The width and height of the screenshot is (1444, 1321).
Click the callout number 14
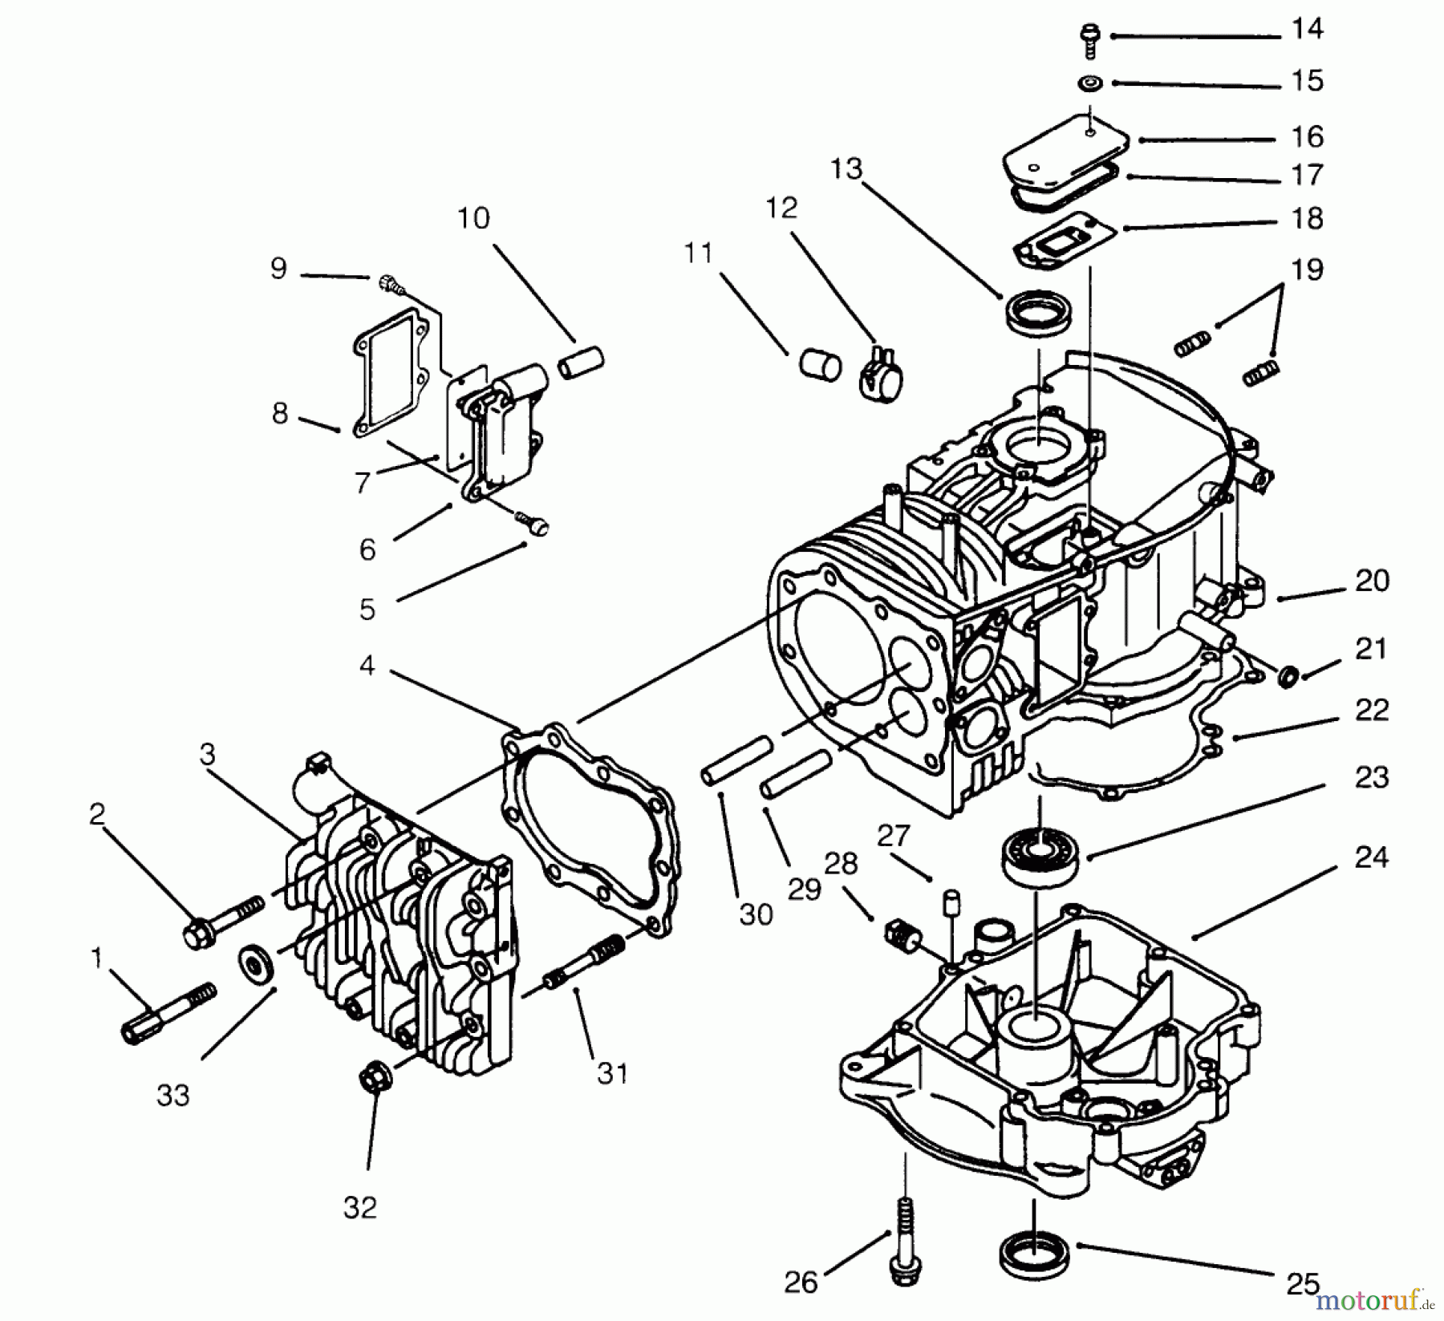click(x=1307, y=30)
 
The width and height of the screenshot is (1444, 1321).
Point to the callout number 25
click(x=1302, y=1284)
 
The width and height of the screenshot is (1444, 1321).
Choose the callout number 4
click(x=367, y=665)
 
